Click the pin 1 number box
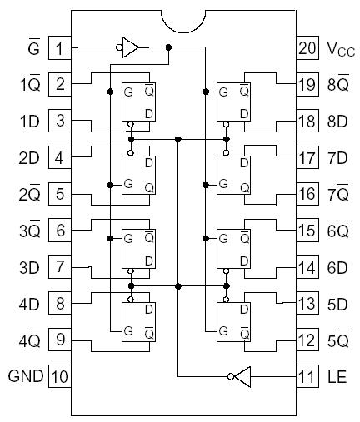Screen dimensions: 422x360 tap(59, 47)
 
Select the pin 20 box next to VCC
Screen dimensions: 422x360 tap(307, 47)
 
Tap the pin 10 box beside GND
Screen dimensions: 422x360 tap(59, 375)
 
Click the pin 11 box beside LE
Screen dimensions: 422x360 tap(307, 375)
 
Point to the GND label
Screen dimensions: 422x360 tap(26, 375)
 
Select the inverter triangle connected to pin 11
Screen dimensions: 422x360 tap(239, 377)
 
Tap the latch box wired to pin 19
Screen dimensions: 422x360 tap(233, 102)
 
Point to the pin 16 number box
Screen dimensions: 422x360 tap(307, 193)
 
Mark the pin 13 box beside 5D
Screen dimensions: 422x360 tap(307, 303)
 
